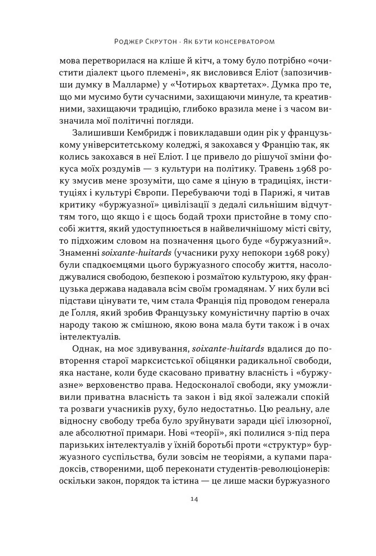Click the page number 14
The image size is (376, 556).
coord(188,500)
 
